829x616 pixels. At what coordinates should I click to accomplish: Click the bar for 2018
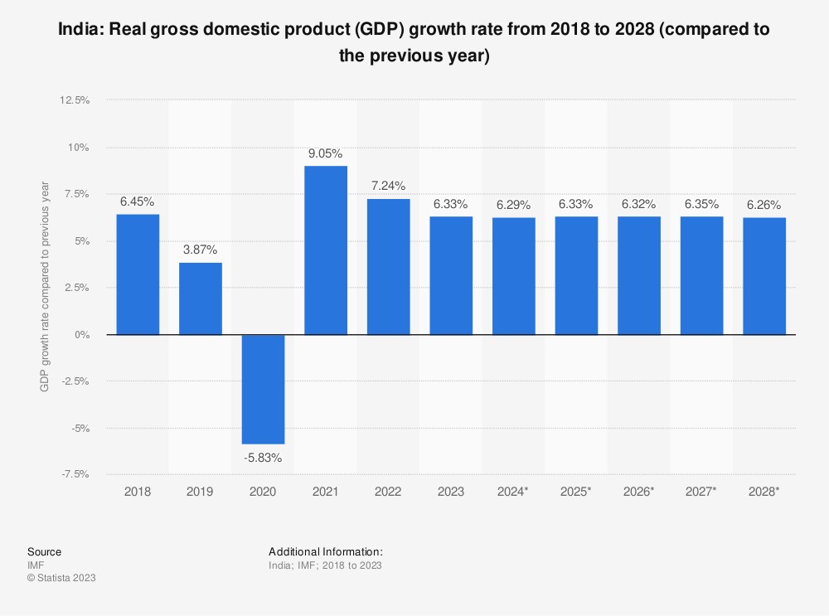(138, 274)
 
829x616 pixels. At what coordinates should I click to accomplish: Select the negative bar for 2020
(263, 389)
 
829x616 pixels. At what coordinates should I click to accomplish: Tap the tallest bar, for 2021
(326, 250)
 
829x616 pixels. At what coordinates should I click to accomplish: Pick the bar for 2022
(388, 267)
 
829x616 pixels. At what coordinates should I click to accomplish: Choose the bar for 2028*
(764, 276)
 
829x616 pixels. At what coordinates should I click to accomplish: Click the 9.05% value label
(326, 153)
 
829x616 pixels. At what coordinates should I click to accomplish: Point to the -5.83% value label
(263, 458)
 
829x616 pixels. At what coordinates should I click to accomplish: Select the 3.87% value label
(201, 250)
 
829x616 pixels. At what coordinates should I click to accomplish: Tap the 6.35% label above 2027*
(701, 204)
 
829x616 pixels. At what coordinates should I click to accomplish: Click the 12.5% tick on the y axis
(75, 100)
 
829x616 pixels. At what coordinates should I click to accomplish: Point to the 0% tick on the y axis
(81, 335)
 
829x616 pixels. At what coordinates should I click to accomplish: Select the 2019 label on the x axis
(201, 491)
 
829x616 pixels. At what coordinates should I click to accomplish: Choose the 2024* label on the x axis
(513, 491)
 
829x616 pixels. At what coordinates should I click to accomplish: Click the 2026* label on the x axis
(639, 491)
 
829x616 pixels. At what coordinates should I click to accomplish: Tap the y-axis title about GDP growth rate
(46, 287)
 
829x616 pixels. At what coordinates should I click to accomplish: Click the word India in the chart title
(80, 31)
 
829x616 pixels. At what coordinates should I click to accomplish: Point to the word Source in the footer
(44, 551)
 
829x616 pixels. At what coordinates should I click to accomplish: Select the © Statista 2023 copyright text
(61, 578)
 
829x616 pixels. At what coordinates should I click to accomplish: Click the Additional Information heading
(326, 551)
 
